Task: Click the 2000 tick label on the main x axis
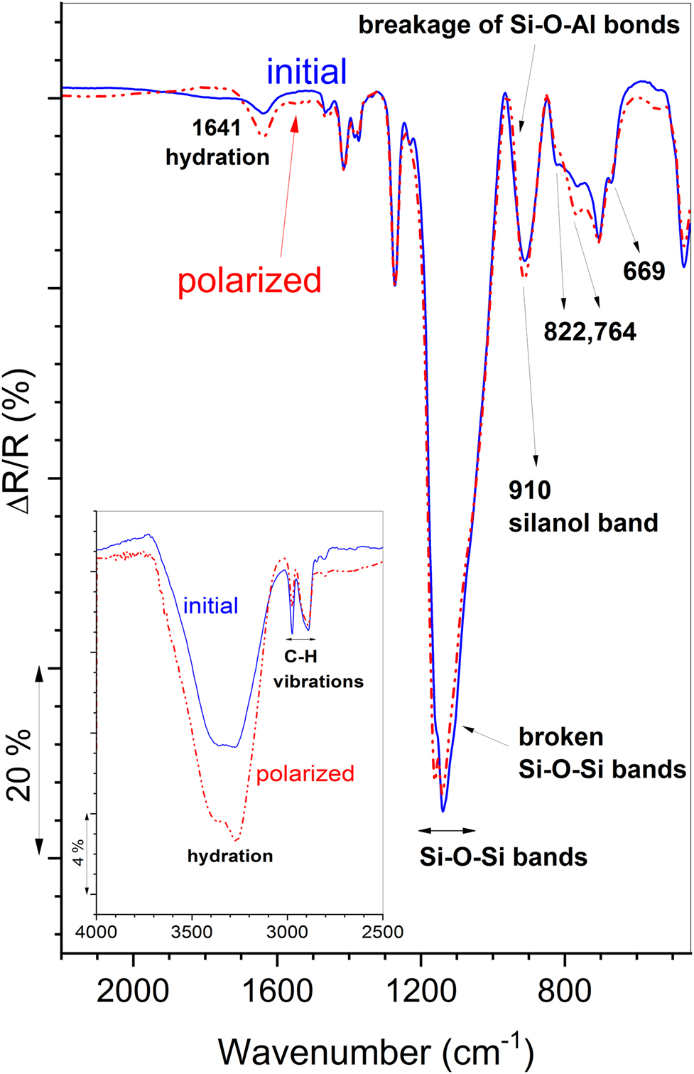[x=133, y=990]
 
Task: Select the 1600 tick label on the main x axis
[x=277, y=990]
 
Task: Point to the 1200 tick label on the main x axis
[x=421, y=990]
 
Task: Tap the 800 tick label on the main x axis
[x=565, y=990]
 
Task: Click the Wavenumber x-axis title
[x=376, y=1051]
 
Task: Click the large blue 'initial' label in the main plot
[x=307, y=72]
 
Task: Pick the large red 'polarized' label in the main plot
[x=249, y=281]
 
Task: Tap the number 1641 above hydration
[x=217, y=129]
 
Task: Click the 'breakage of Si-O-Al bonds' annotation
[x=519, y=25]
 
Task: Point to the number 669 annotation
[x=644, y=271]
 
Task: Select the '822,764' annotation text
[x=590, y=332]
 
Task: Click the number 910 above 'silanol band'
[x=530, y=490]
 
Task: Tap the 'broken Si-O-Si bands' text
[x=602, y=753]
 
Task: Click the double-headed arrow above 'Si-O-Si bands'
[x=447, y=830]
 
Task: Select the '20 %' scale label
[x=19, y=765]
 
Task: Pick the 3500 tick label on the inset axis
[x=192, y=932]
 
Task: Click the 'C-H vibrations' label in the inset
[x=318, y=670]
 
